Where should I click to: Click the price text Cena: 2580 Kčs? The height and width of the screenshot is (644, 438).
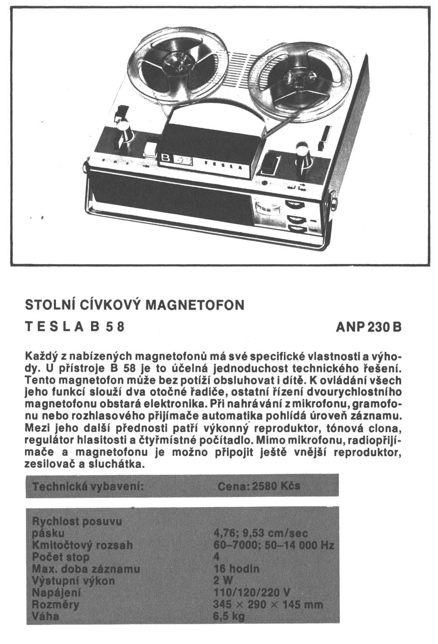point(258,486)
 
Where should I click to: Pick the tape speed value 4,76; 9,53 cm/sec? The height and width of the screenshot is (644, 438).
point(260,533)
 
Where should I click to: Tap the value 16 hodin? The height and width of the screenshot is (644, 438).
point(236,569)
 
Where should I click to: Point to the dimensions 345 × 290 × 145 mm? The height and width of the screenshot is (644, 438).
point(268,605)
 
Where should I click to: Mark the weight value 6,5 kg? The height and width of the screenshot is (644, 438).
point(228,616)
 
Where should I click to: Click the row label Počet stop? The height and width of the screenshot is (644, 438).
point(61,557)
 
